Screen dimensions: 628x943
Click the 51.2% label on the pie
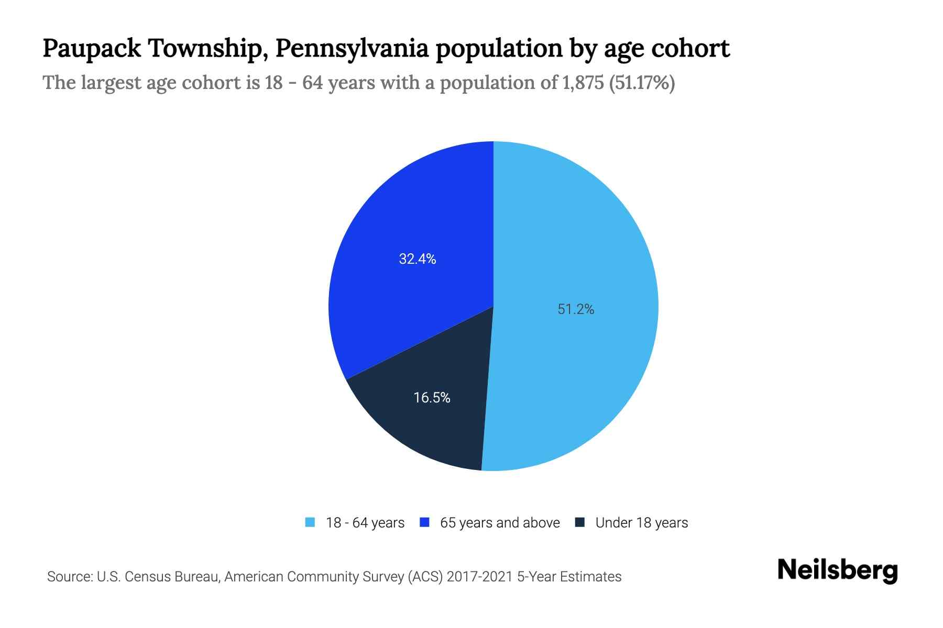tap(576, 309)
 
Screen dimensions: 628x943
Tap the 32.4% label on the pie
tap(418, 259)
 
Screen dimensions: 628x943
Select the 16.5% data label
tap(432, 398)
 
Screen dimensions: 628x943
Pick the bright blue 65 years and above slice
tap(409, 220)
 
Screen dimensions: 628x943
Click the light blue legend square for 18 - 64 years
tap(310, 522)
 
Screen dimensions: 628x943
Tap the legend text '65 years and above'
tap(500, 523)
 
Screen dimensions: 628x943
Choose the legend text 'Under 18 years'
tap(641, 523)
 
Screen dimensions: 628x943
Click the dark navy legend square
tap(579, 522)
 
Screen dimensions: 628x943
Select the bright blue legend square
tap(424, 522)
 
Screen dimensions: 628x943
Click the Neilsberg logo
tap(837, 570)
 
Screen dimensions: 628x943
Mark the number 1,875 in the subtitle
tap(583, 83)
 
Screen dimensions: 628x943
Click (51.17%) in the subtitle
tap(642, 83)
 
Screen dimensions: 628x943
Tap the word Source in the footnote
tap(69, 577)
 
